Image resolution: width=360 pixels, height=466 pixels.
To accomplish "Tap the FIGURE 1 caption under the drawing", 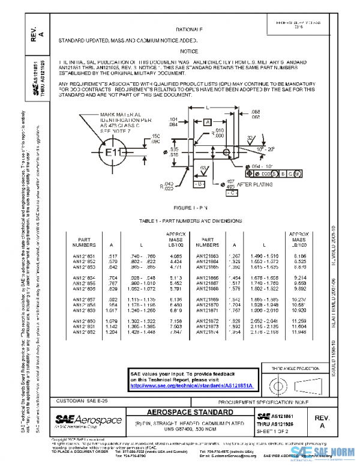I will click(x=190, y=207).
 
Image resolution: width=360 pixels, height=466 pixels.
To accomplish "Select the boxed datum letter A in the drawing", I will click(x=207, y=122).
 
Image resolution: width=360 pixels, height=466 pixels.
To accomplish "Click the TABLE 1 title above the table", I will click(x=190, y=221).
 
